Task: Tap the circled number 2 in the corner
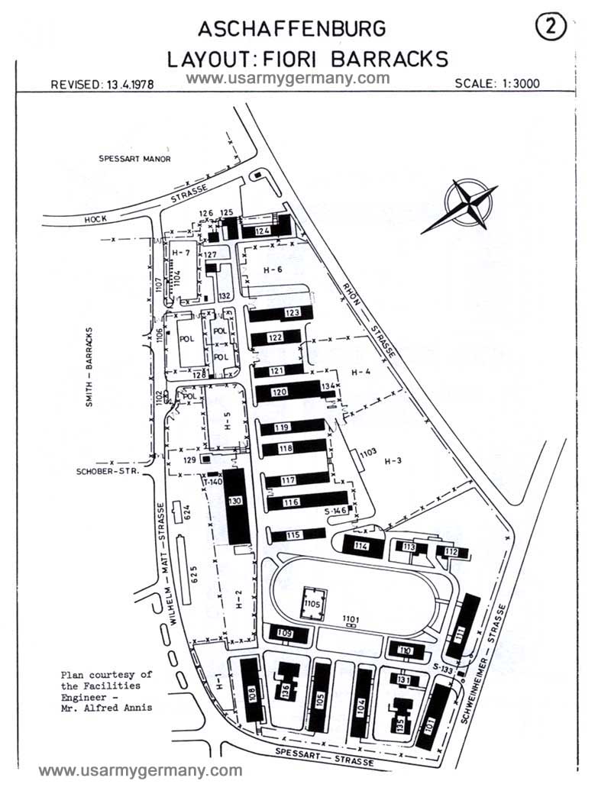(x=551, y=28)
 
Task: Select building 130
(x=237, y=505)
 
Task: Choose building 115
(x=294, y=535)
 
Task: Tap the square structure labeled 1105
(x=312, y=603)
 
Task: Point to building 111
(x=459, y=630)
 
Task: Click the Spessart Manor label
(x=134, y=159)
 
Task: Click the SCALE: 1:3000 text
(x=496, y=83)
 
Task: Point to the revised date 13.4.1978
(x=102, y=85)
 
